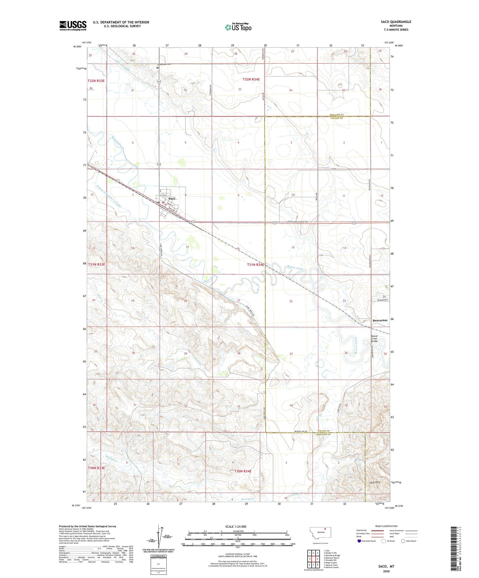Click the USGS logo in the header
tap(73, 26)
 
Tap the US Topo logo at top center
tap(238, 27)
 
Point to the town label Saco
tap(172, 199)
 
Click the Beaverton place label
tap(380, 320)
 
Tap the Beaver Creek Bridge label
tap(374, 338)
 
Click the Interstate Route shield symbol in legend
tap(359, 541)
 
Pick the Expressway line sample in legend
tap(379, 530)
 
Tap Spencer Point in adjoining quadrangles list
tap(331, 565)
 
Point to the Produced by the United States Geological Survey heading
tap(87, 526)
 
